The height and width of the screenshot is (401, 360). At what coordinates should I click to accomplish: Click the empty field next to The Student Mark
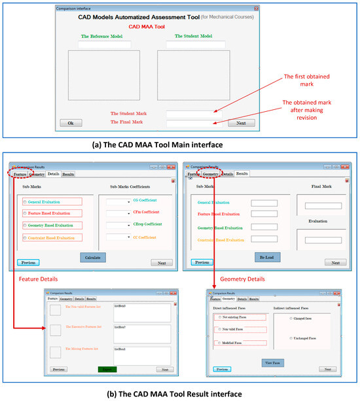[x=194, y=114]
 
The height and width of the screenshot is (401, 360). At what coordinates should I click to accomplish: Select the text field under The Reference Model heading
[x=104, y=45]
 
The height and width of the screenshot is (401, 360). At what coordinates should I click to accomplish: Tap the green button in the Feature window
[x=107, y=370]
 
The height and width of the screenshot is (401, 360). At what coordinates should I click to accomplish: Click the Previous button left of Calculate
[x=28, y=262]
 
